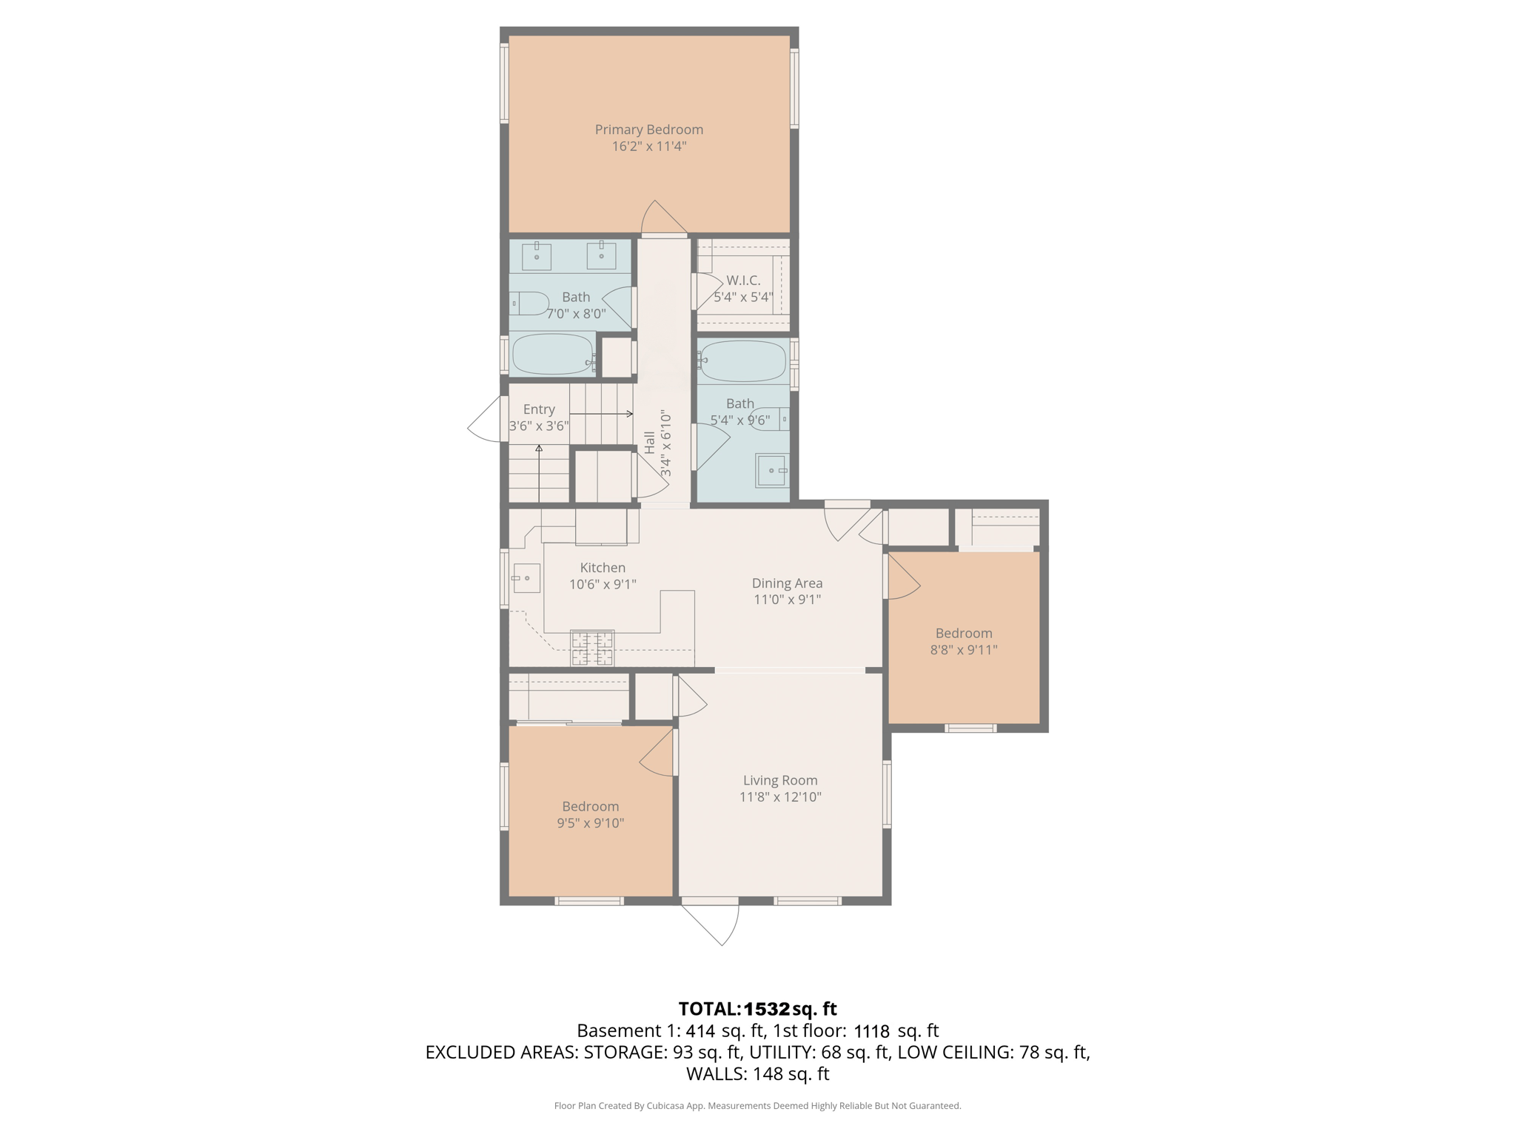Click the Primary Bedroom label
click(648, 130)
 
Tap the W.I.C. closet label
click(742, 281)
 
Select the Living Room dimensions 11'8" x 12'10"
click(780, 797)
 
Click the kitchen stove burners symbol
click(592, 647)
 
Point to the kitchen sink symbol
click(526, 577)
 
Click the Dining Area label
click(787, 583)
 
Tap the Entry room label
click(538, 409)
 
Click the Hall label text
click(649, 443)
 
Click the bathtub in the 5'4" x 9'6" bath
click(742, 361)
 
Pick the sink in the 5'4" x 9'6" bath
click(771, 471)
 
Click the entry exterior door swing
click(486, 420)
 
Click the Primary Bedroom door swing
click(661, 218)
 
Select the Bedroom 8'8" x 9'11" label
click(963, 634)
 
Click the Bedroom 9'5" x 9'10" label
click(590, 807)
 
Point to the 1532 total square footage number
click(766, 1009)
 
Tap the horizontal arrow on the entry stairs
click(601, 414)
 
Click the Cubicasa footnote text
click(757, 1106)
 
